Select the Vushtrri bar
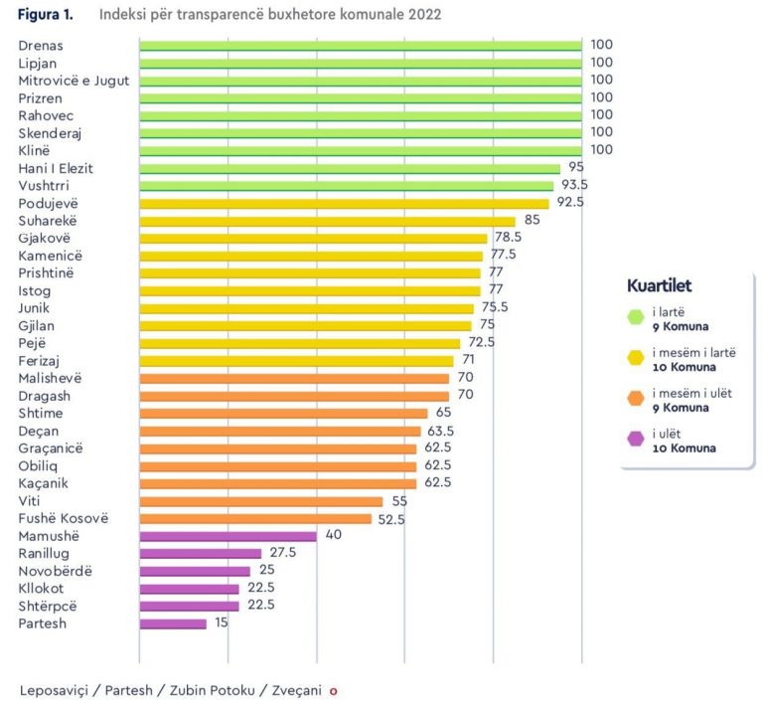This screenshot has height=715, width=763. pos(346,185)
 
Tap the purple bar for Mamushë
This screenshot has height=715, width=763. pos(228,536)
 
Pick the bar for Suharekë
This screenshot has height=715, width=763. pos(327,221)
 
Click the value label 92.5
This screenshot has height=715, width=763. pos(570,203)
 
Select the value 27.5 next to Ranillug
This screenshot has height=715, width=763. pos(283,553)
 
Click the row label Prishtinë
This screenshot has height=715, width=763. pos(46,272)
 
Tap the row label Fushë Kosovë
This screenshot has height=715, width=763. pos(63,518)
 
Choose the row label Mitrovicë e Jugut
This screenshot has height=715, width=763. pos(74,80)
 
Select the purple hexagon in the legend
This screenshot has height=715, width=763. pos(635,441)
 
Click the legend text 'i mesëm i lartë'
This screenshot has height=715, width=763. pos(693,352)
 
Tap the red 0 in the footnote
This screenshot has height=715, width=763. pos(334,690)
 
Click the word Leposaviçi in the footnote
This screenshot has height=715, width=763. pos(57,689)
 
